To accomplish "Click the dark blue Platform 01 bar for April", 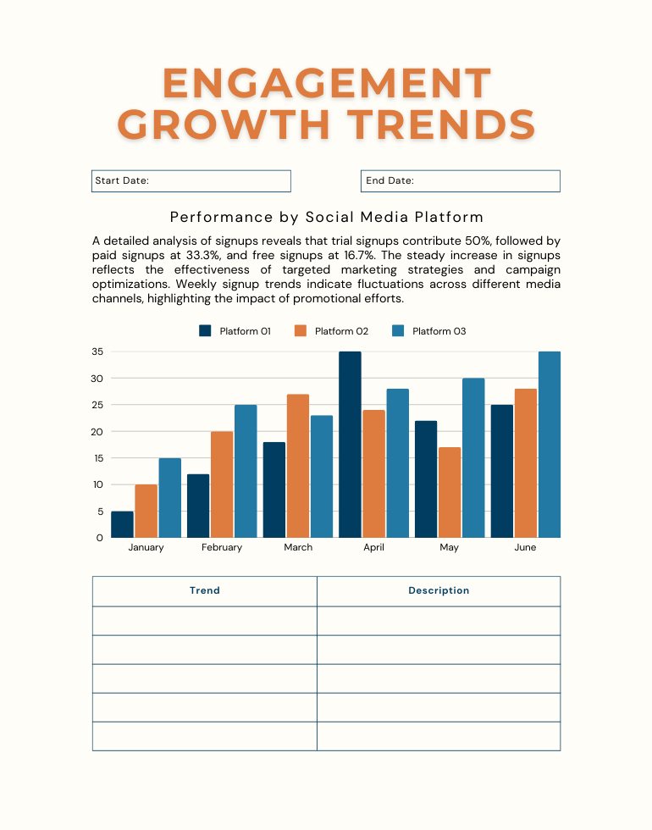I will tap(350, 445).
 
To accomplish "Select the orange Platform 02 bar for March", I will tap(297, 466).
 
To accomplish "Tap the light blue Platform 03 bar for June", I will tap(549, 445).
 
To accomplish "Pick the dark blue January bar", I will tap(122, 524).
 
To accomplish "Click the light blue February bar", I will tap(246, 471).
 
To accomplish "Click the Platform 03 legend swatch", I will tap(398, 331).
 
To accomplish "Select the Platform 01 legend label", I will tap(245, 331).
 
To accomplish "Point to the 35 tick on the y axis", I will tap(97, 351).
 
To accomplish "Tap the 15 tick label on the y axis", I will tap(97, 458).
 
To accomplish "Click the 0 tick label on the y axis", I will tap(100, 538).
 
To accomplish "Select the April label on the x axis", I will tap(373, 548).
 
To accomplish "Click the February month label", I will tap(222, 548).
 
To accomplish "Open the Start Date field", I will tap(191, 181).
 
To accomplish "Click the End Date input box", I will tap(461, 181).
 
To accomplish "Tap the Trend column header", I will tap(205, 591).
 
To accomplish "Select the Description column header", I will tap(439, 591).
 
